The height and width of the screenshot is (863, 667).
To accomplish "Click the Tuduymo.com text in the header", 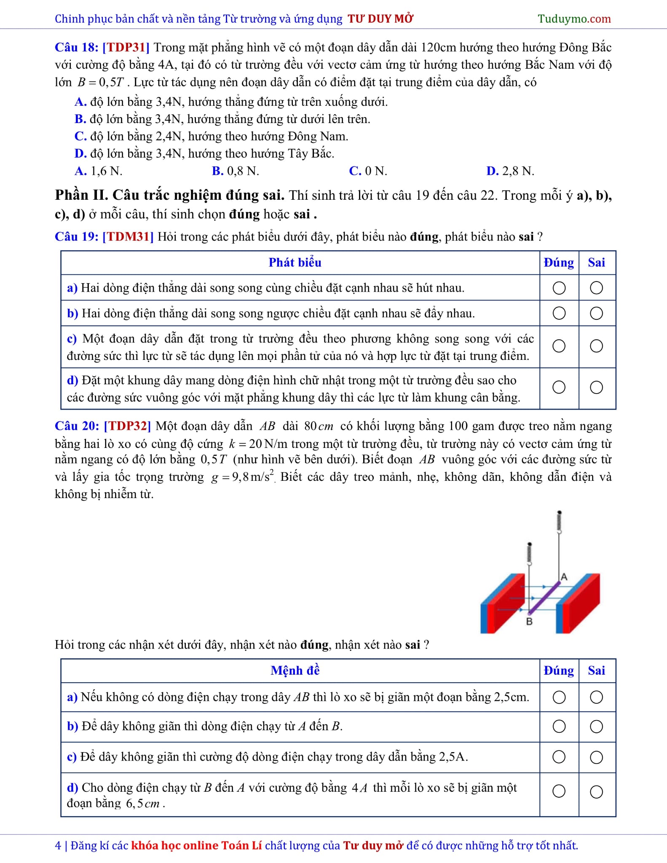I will click(574, 19).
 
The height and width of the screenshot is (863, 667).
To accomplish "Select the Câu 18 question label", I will click(76, 47).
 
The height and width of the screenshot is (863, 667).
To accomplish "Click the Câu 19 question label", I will click(76, 236).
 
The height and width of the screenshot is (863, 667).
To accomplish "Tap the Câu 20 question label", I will click(77, 426).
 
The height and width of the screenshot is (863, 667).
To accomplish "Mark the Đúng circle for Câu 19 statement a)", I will click(559, 288).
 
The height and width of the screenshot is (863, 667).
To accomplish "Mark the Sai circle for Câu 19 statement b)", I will click(596, 313).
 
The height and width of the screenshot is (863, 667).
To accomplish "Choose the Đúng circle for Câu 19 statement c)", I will click(559, 346).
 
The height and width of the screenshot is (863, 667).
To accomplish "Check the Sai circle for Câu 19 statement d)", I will click(596, 387).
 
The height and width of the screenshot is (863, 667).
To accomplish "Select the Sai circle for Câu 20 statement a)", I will click(596, 697).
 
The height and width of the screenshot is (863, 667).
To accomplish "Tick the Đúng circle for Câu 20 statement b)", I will click(559, 726).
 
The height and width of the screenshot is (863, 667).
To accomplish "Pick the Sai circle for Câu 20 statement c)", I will click(596, 757).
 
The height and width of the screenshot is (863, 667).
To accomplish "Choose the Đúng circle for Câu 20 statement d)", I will click(559, 791).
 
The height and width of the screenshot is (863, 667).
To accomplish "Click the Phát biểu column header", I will click(295, 263).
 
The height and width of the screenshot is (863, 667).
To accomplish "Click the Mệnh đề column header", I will click(295, 670).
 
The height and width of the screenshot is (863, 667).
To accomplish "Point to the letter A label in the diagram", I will click(564, 577).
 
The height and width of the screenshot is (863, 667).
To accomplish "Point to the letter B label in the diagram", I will click(529, 622).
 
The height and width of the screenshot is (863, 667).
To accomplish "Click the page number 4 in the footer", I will click(58, 845).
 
